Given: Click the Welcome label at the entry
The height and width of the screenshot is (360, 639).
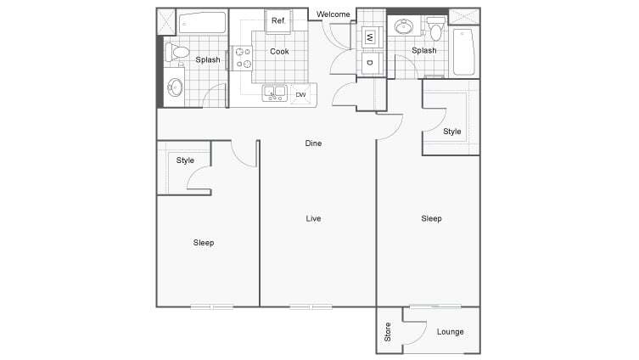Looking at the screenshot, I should [x=333, y=14].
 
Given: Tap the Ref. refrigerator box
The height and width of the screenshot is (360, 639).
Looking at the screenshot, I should [x=277, y=21].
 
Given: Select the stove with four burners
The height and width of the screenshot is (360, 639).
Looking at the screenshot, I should [x=243, y=57].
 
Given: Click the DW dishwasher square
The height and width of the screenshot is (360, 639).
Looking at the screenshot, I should [x=300, y=94].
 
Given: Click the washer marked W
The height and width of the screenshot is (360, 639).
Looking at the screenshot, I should [x=370, y=37].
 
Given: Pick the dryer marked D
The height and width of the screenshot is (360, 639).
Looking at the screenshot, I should [x=370, y=61].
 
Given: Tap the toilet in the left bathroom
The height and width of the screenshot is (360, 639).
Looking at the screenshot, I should [x=178, y=53].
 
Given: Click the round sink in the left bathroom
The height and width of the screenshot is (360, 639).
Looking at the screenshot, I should [x=176, y=86].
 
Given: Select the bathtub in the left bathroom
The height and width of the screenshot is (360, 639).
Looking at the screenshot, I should [x=202, y=23].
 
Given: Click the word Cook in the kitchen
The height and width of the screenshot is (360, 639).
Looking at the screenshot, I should [x=279, y=52].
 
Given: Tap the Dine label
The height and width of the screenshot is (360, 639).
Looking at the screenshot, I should [x=313, y=143].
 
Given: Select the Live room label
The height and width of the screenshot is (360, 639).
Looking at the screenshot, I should [x=313, y=219].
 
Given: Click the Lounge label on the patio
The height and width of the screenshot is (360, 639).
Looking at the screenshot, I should [x=450, y=331].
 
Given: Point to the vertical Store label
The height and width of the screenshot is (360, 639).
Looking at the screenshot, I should [x=388, y=332].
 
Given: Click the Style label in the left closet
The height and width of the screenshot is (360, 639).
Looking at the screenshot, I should [x=185, y=160].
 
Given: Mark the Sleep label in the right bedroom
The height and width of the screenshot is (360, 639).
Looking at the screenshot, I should [x=431, y=219].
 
